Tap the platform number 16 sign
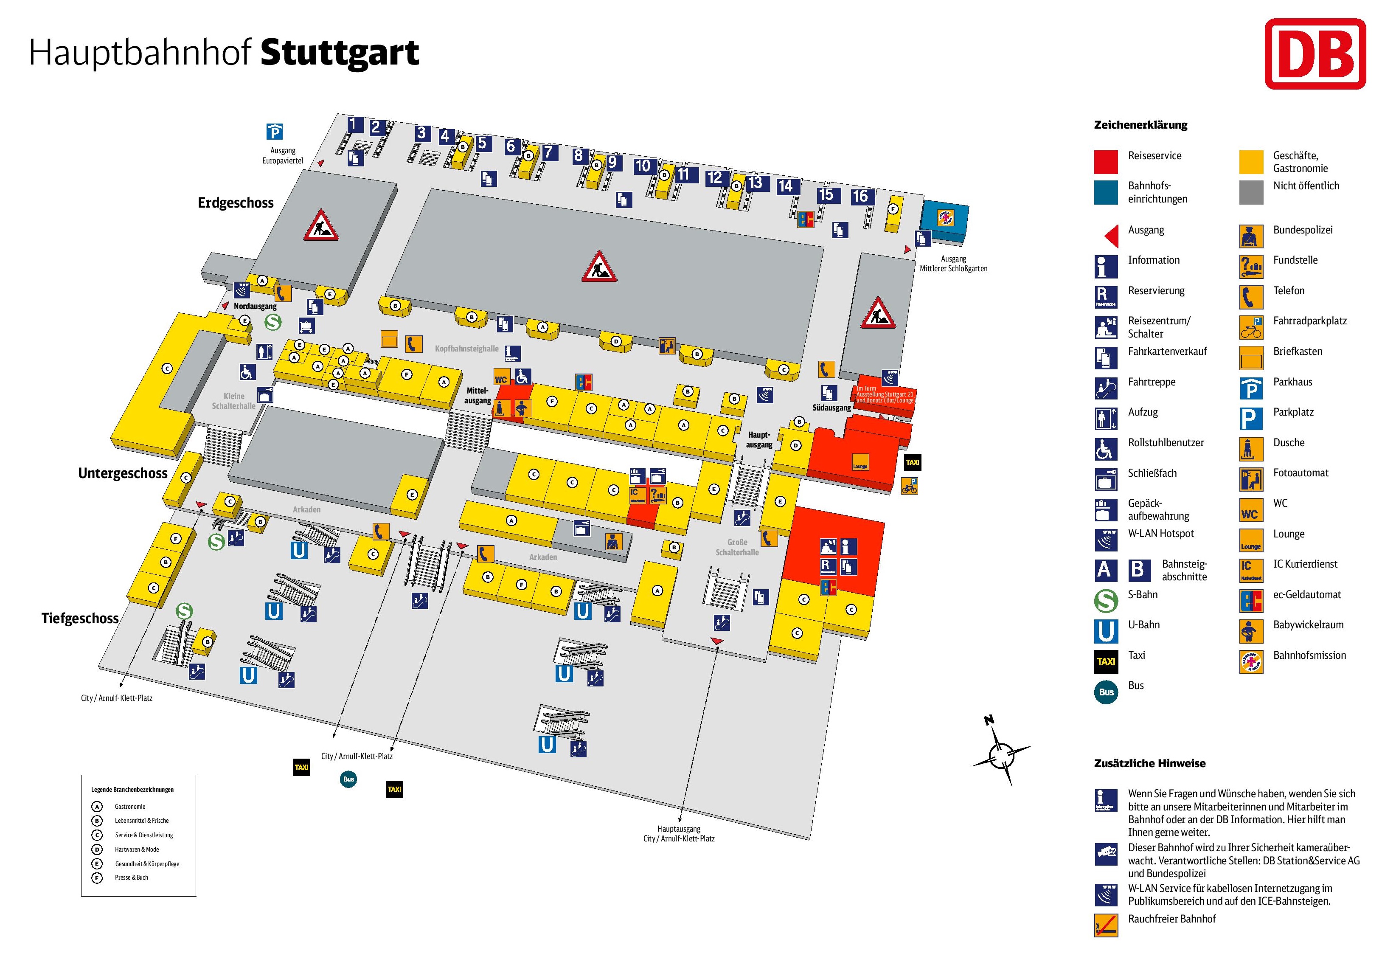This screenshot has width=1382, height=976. point(860,196)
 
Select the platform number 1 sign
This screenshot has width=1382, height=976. point(354,125)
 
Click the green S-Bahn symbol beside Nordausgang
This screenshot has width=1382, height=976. point(272,322)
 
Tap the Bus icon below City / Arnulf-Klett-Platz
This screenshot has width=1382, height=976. point(348,779)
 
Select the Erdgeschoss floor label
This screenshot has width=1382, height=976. point(235,203)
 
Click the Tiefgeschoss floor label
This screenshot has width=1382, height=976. point(79,619)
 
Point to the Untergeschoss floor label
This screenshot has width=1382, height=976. point(123,473)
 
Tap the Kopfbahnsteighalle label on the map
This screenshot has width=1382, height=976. point(466,349)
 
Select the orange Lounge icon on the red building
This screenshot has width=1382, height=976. point(860,462)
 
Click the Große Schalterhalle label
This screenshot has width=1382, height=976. point(737,547)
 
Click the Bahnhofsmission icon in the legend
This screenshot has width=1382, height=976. point(1251,661)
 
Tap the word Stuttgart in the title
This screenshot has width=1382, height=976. point(340,53)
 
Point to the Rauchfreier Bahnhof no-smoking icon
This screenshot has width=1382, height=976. point(1106,925)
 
